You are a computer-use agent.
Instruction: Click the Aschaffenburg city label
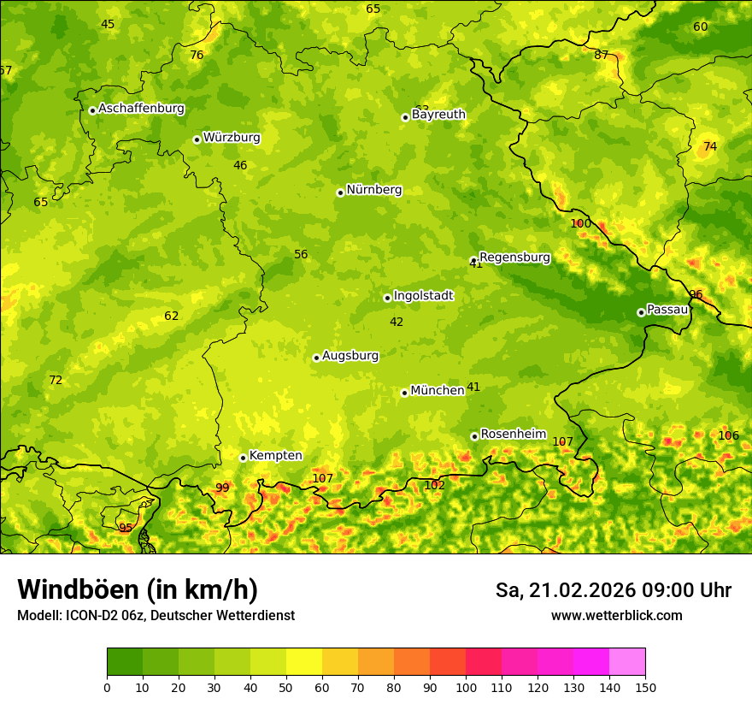pyautogui.click(x=141, y=109)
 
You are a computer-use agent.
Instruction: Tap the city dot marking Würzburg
pyautogui.click(x=197, y=139)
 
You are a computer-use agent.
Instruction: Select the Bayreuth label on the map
pyautogui.click(x=438, y=114)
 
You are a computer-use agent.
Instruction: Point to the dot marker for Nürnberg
pyautogui.click(x=340, y=192)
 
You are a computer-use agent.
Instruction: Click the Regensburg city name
pyautogui.click(x=514, y=257)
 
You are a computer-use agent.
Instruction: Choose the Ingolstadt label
pyautogui.click(x=423, y=295)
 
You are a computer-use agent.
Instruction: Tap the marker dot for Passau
pyautogui.click(x=641, y=312)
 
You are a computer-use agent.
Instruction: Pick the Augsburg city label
pyautogui.click(x=350, y=355)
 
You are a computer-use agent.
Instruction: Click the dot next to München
pyautogui.click(x=404, y=393)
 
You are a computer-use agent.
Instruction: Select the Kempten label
pyautogui.click(x=275, y=455)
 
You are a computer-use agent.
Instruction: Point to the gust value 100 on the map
pyautogui.click(x=580, y=223)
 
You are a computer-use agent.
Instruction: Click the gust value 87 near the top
pyautogui.click(x=602, y=55)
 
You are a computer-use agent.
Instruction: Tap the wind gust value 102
pyautogui.click(x=434, y=485)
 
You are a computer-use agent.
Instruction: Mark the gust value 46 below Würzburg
pyautogui.click(x=240, y=165)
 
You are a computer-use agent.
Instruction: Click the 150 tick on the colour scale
pyautogui.click(x=645, y=687)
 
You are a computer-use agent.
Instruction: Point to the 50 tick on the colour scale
pyautogui.click(x=286, y=687)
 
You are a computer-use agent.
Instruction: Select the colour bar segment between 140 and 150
pyautogui.click(x=627, y=661)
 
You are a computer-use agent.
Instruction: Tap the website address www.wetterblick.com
pyautogui.click(x=616, y=615)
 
